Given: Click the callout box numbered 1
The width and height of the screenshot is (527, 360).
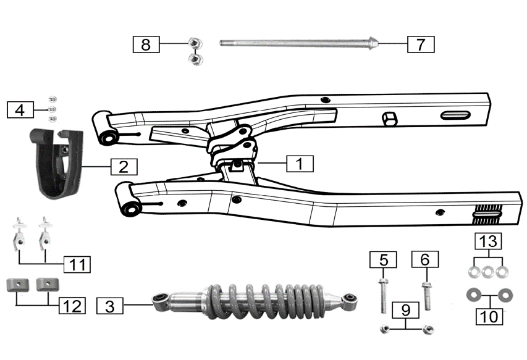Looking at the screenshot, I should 300,164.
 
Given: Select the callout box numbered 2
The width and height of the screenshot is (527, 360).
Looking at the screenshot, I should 124,166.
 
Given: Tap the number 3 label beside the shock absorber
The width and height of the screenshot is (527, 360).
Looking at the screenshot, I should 109,305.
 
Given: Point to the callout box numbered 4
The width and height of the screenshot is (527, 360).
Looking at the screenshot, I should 20,110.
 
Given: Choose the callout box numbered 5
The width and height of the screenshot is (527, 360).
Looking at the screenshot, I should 383,259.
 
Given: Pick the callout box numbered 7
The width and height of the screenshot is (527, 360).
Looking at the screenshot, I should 421,44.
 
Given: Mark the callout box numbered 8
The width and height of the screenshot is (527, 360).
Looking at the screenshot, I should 146,44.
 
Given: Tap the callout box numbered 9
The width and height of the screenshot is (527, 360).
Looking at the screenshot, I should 405,308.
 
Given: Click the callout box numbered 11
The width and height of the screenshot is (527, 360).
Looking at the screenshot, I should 77,264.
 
